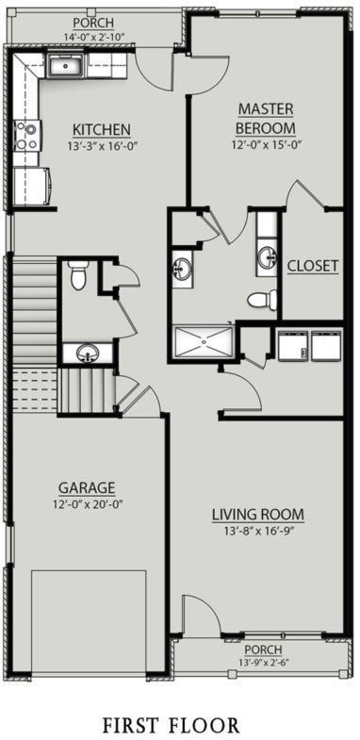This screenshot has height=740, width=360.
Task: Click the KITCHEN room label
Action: click(102, 129)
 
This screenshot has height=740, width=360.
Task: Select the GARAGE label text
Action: click(87, 487)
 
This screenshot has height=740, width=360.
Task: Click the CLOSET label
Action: click(313, 266)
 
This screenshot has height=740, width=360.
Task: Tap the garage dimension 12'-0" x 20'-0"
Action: click(87, 503)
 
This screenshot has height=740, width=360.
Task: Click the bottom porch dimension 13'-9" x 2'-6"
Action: click(263, 663)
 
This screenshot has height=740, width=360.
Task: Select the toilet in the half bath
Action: click(78, 275)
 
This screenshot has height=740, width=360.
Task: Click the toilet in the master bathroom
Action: click(261, 301)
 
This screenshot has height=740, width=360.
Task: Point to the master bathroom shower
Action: click(203, 341)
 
